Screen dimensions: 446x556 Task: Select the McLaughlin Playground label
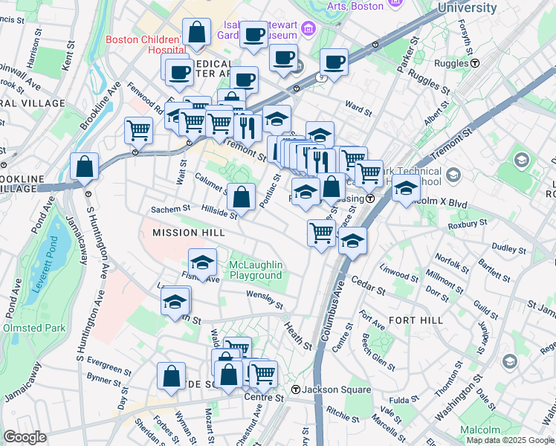coord(256,271)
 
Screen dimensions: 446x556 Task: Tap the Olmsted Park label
coord(34,327)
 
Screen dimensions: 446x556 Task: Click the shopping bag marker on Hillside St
coord(241,198)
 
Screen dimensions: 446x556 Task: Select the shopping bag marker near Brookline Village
coord(85,167)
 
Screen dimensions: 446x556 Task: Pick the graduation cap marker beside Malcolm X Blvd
coord(407,190)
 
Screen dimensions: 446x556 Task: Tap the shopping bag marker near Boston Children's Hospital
coord(196,33)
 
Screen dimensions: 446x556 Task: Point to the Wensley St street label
coord(265,300)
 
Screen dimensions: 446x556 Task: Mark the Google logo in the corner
coord(25,437)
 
